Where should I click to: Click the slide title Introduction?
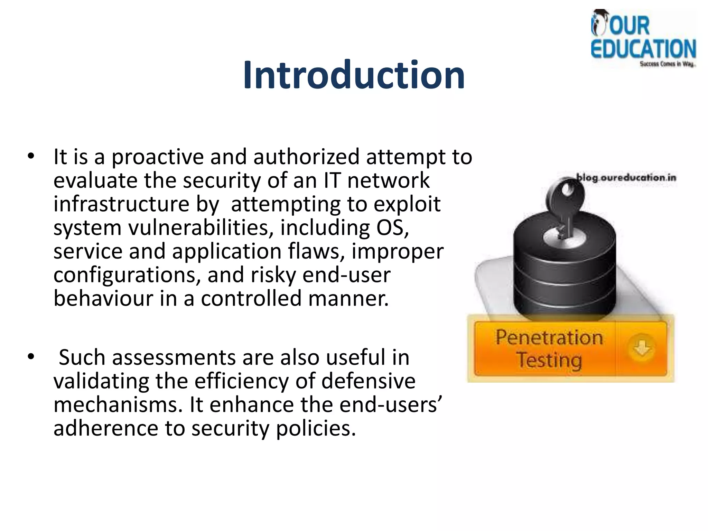[354, 75]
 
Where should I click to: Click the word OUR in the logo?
[629, 26]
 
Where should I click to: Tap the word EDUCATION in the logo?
[643, 49]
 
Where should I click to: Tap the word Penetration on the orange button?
[549, 337]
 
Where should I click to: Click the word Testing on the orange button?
[549, 360]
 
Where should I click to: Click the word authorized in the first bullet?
[306, 157]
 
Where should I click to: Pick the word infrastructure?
[121, 204]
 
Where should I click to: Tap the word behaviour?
[103, 298]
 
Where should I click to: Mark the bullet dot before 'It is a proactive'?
[31, 157]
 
